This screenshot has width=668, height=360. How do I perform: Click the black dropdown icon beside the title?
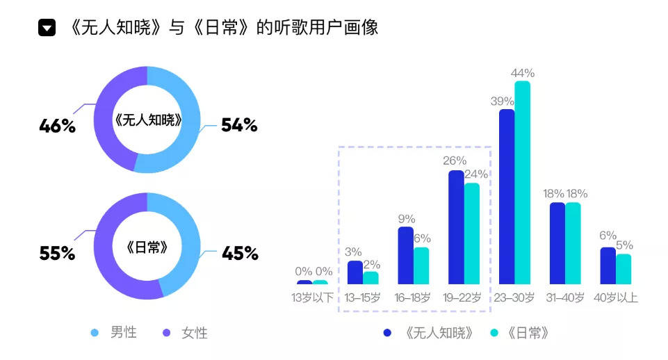click(x=47, y=28)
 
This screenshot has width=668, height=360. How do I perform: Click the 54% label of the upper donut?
click(x=239, y=126)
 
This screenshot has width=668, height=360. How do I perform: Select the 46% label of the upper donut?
click(x=57, y=126)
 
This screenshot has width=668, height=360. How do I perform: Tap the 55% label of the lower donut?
click(x=57, y=253)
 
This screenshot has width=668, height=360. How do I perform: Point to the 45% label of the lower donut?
click(x=239, y=253)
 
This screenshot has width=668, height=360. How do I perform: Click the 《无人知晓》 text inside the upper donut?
click(x=147, y=120)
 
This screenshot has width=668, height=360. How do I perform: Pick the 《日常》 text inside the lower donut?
click(x=147, y=247)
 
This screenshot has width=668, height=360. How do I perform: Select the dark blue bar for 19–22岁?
click(x=456, y=227)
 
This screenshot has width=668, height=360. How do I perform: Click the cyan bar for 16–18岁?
click(x=421, y=265)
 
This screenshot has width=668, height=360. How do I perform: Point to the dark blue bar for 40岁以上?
click(x=608, y=265)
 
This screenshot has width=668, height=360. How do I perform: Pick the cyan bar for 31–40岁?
click(x=573, y=243)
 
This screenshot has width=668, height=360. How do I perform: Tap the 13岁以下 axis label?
click(x=312, y=298)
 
